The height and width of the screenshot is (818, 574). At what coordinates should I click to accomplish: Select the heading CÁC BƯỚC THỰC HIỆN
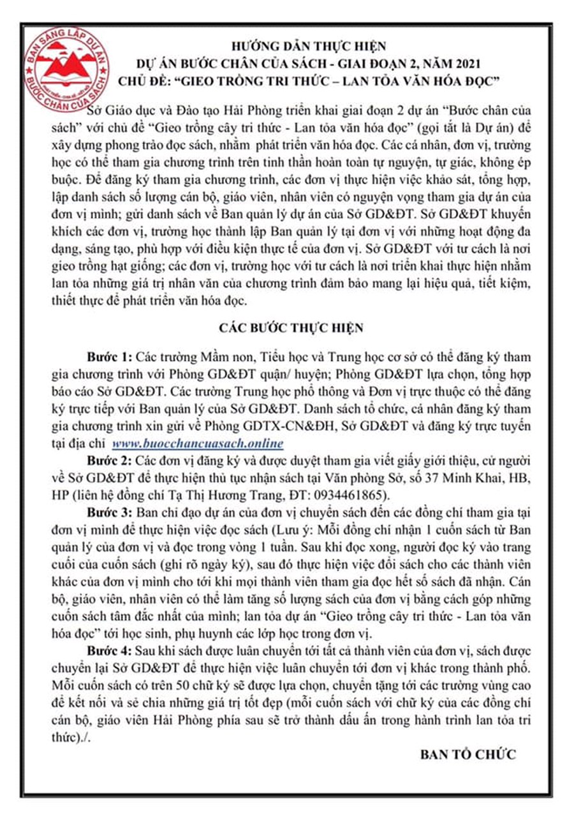pyautogui.click(x=291, y=328)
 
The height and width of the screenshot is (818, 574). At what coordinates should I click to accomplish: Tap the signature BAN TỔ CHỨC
pyautogui.click(x=467, y=754)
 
